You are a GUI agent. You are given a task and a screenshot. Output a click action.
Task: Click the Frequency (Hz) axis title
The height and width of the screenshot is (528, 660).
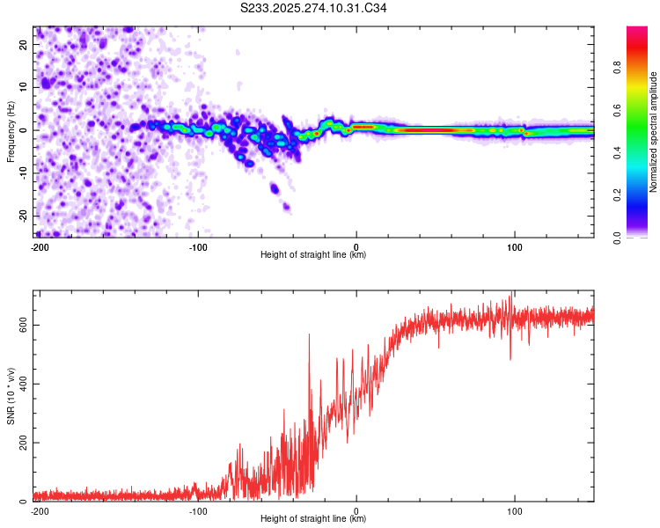click(11, 130)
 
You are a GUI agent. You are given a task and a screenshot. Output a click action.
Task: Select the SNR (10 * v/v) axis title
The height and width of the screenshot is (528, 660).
click(11, 395)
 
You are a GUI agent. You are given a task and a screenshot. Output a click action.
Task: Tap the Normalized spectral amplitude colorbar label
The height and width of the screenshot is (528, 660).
click(653, 133)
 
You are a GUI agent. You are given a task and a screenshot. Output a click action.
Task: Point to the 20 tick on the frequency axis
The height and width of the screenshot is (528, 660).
click(24, 43)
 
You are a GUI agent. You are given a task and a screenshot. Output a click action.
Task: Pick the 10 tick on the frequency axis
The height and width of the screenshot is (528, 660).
click(24, 86)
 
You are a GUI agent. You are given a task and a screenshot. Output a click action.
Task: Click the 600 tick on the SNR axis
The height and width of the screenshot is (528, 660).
click(21, 325)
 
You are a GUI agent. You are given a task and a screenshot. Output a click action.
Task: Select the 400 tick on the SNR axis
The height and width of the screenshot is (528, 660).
click(21, 384)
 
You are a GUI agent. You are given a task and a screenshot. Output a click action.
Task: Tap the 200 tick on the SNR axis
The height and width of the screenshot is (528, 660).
click(21, 443)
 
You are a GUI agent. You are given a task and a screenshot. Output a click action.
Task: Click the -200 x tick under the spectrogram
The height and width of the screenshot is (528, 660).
click(39, 247)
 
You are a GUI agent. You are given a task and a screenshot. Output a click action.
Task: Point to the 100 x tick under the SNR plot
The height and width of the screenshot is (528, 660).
click(515, 511)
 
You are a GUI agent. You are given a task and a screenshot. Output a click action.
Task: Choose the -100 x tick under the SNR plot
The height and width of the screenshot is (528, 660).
click(198, 511)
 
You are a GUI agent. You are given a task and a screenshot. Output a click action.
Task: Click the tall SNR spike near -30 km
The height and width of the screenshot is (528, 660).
click(309, 336)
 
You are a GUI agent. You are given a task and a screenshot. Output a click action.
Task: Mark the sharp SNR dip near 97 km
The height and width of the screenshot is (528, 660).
click(510, 357)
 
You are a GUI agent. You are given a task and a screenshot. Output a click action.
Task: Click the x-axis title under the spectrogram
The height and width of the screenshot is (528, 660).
click(313, 255)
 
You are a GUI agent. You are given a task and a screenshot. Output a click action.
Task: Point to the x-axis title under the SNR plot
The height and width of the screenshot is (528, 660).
click(313, 519)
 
